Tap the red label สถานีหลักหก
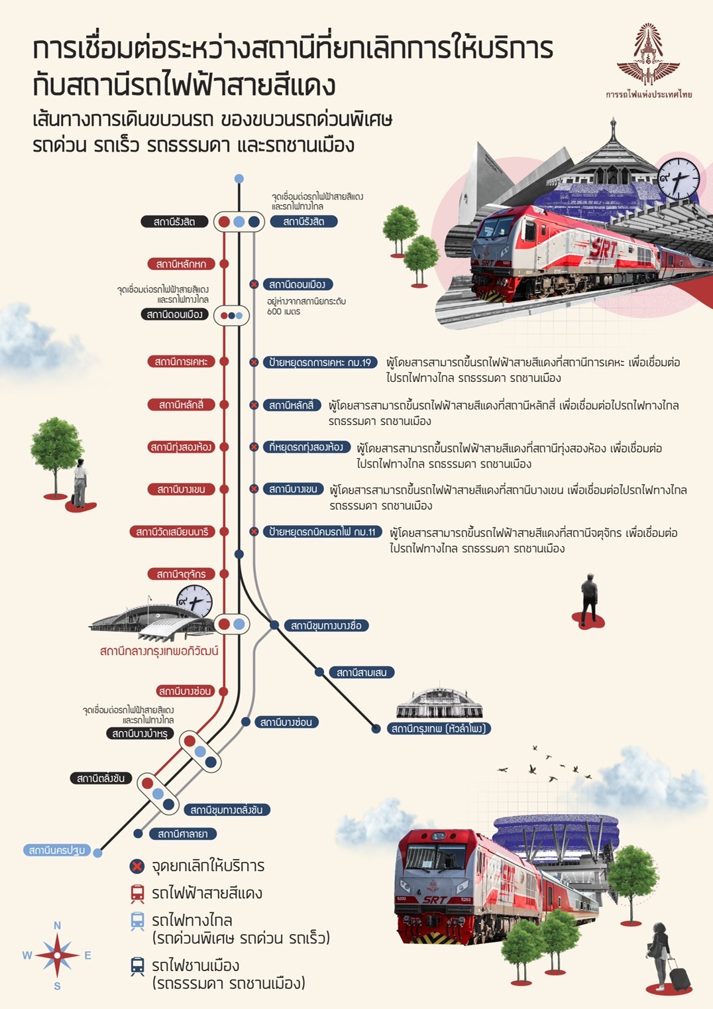[181, 264]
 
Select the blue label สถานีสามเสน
[362, 672]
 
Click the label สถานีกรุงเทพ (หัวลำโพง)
[439, 729]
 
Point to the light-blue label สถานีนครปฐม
[57, 850]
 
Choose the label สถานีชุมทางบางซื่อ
[326, 625]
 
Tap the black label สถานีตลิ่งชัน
[101, 778]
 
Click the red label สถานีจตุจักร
[181, 574]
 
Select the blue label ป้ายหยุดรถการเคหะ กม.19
[320, 363]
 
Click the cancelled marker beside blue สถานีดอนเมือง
[254, 284]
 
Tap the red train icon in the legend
[137, 894]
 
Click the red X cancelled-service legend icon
[137, 866]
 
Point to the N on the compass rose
[57, 925]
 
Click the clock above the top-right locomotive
[679, 179]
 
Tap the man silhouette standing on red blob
[589, 599]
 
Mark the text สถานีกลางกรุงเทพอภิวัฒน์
[159, 651]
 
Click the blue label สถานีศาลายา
[183, 834]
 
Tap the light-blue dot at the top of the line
[239, 179]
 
